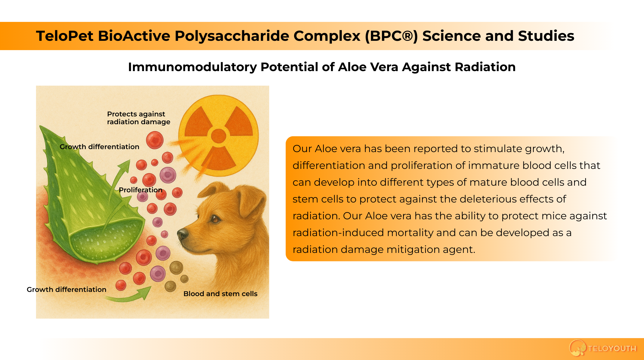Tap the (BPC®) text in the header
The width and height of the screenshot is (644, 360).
391,36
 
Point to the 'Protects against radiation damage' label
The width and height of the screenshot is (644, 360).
138,118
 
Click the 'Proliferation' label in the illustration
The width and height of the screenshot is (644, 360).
140,190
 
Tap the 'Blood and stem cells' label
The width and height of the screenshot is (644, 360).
220,294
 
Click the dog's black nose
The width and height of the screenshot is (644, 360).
182,234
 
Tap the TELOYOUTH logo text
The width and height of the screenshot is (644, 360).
612,349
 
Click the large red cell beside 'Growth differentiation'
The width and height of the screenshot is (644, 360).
155,140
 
